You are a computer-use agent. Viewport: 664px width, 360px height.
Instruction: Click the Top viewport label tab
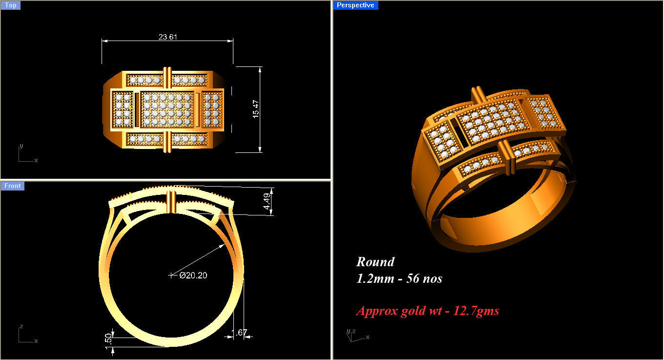(x=10, y=5)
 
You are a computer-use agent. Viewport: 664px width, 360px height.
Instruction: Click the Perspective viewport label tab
(x=355, y=5)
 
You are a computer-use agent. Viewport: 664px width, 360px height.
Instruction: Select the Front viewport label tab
(x=12, y=186)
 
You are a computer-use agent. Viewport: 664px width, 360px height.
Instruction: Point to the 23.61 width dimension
(x=167, y=37)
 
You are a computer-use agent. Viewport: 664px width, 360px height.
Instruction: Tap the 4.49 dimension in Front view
(x=267, y=201)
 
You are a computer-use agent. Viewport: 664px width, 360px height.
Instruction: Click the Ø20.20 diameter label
(x=193, y=275)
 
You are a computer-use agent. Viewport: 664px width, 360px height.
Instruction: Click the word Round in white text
(x=375, y=262)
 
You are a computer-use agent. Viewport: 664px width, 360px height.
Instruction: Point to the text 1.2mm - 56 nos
(x=399, y=278)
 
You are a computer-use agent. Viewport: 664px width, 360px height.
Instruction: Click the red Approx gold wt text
(x=427, y=311)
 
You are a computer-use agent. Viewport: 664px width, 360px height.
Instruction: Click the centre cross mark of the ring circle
(x=171, y=275)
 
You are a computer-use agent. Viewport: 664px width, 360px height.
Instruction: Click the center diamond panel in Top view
(x=166, y=109)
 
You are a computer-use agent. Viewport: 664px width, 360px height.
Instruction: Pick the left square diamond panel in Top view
(x=123, y=109)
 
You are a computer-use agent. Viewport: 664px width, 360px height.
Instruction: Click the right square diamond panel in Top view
(x=211, y=109)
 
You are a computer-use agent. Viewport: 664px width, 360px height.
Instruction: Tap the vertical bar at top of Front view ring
(x=171, y=202)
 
